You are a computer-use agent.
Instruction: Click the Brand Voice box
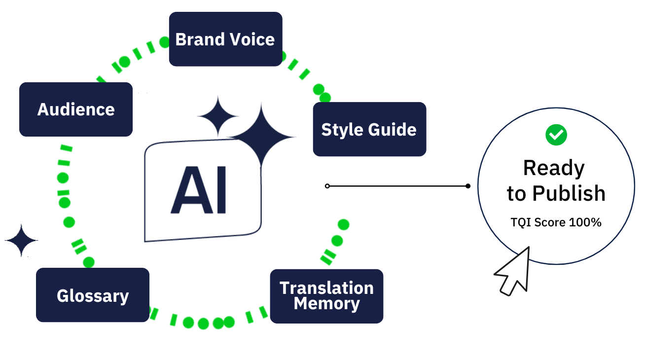(x=225, y=39)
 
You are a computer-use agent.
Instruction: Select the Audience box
(x=76, y=109)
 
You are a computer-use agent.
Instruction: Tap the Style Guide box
(x=369, y=129)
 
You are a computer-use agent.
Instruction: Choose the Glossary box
(x=93, y=295)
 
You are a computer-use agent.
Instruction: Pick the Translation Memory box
(x=326, y=296)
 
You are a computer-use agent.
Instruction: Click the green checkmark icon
(x=556, y=134)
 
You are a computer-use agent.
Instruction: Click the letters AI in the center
(x=198, y=190)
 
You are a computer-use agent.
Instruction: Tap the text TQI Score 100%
(x=556, y=222)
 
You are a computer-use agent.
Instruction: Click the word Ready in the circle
(x=554, y=168)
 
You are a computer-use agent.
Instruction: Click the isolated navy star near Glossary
(x=21, y=241)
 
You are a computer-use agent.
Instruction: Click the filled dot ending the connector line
(x=468, y=186)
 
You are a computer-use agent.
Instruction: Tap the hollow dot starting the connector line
(x=327, y=186)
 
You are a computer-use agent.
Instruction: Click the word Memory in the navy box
(x=326, y=304)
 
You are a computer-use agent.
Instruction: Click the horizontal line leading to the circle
(x=397, y=186)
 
